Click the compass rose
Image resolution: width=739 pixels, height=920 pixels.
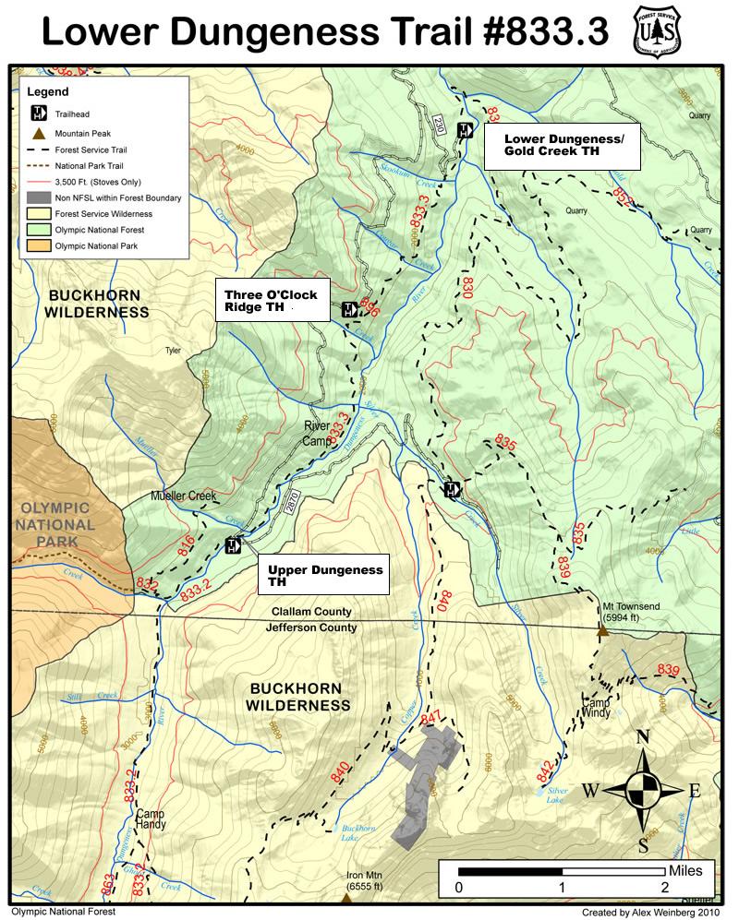pyautogui.click(x=643, y=791)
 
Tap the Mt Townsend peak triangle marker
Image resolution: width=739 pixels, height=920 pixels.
pyautogui.click(x=601, y=631)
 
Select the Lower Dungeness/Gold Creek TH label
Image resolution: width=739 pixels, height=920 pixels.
pyautogui.click(x=563, y=145)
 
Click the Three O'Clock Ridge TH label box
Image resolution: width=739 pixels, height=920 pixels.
pyautogui.click(x=272, y=301)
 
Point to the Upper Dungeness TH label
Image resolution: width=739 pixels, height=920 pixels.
pyautogui.click(x=324, y=576)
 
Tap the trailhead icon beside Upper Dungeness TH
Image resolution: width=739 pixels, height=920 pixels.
pyautogui.click(x=233, y=545)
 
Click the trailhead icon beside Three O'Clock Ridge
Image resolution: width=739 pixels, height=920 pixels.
pyautogui.click(x=349, y=309)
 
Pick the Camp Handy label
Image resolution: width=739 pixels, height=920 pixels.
pyautogui.click(x=151, y=819)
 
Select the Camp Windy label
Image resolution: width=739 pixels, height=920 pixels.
pyautogui.click(x=596, y=707)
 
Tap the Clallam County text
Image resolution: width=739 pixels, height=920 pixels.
pyautogui.click(x=310, y=612)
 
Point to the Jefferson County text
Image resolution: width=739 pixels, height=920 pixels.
pyautogui.click(x=310, y=627)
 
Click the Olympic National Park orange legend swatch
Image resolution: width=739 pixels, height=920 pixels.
pyautogui.click(x=38, y=246)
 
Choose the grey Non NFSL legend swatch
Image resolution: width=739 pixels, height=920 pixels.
pyautogui.click(x=38, y=197)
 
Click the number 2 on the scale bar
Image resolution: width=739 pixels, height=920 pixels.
pyautogui.click(x=664, y=888)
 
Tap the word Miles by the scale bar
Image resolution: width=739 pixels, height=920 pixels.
pyautogui.click(x=685, y=870)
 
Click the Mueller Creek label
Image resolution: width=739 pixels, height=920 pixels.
pyautogui.click(x=183, y=496)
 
